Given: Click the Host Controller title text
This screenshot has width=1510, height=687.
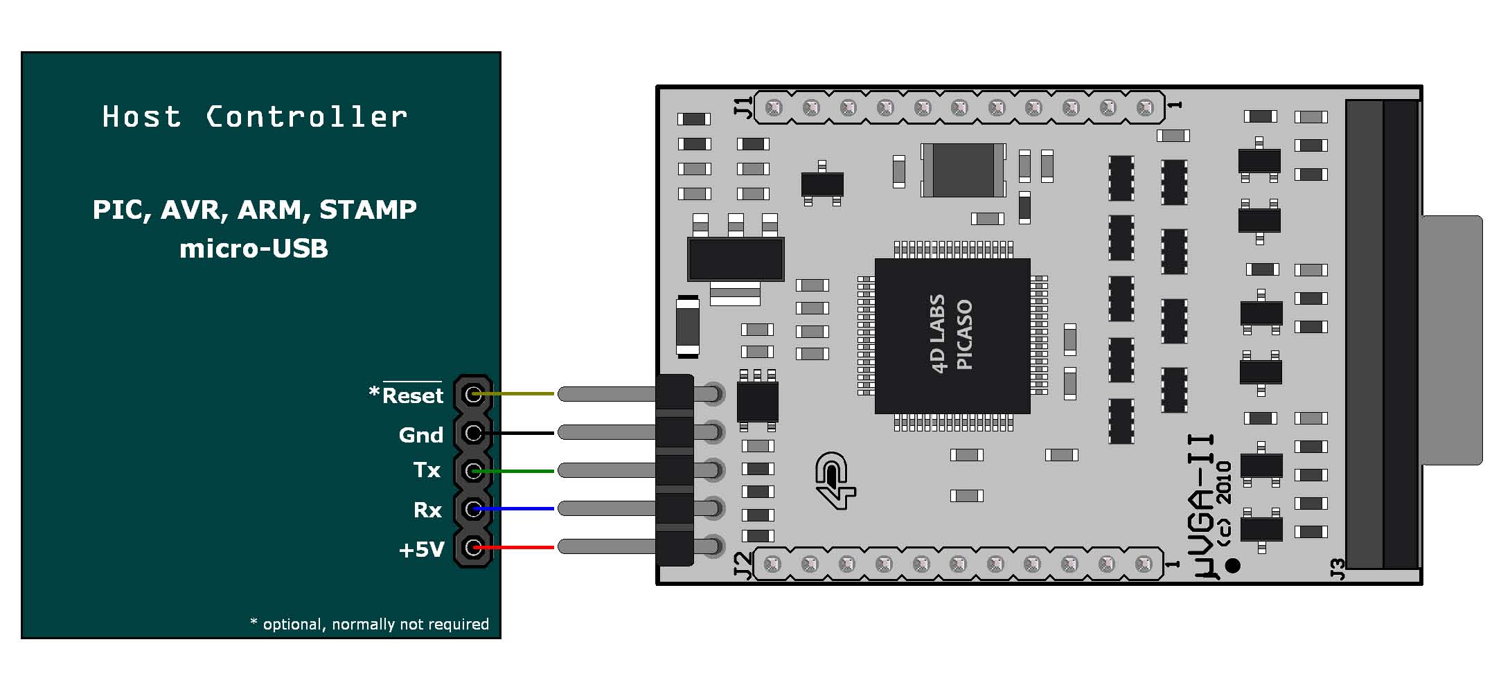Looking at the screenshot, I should pyautogui.click(x=254, y=117).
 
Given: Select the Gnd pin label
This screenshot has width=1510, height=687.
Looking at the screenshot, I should pyautogui.click(x=420, y=435).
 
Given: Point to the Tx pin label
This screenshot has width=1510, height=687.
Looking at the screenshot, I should pyautogui.click(x=427, y=470).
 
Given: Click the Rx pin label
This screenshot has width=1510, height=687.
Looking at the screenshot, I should pyautogui.click(x=427, y=510).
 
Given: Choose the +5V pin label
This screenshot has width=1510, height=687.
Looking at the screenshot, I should pyautogui.click(x=421, y=550).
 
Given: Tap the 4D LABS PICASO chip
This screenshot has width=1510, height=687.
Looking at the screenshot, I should pyautogui.click(x=952, y=336).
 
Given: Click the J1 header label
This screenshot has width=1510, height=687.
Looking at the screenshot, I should pyautogui.click(x=743, y=108).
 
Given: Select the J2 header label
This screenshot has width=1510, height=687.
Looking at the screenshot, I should pyautogui.click(x=742, y=564).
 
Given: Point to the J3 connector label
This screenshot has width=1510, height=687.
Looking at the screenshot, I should pyautogui.click(x=1338, y=569).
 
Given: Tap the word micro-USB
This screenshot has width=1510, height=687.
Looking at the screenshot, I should pyautogui.click(x=254, y=249).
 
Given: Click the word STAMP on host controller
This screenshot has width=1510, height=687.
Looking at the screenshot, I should pyautogui.click(x=368, y=209).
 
